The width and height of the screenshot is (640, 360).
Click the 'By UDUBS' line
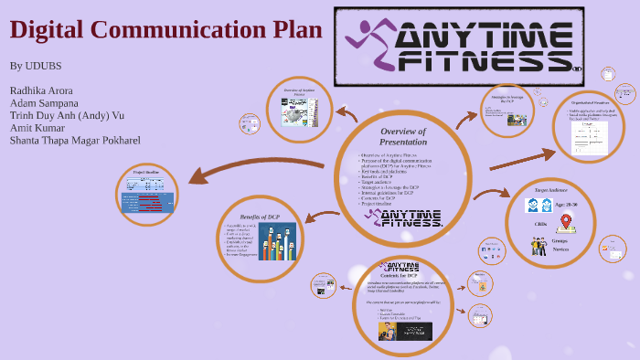point(36,66)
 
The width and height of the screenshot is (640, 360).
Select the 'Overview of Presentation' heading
point(403,137)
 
